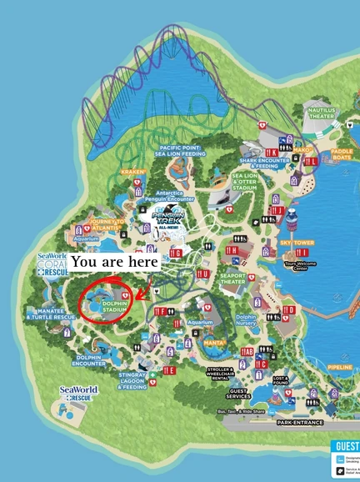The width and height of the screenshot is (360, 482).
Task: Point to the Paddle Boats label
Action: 342,156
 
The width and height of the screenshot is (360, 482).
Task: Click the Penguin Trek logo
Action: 167,218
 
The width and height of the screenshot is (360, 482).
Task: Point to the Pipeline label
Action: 340,366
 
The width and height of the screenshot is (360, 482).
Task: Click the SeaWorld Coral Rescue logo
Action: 52,264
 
